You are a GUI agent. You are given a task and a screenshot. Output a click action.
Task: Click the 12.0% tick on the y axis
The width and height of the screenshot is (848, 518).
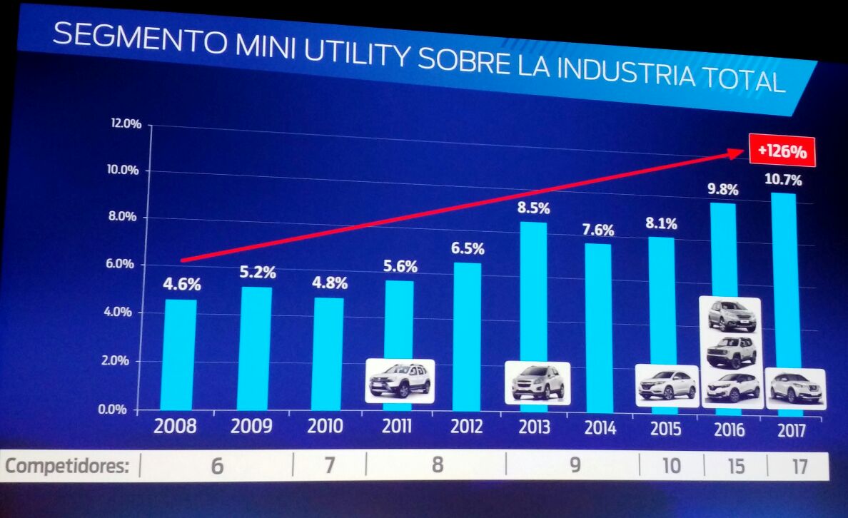tap(126, 124)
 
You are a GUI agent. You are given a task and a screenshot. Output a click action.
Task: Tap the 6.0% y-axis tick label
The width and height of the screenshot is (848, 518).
tap(126, 264)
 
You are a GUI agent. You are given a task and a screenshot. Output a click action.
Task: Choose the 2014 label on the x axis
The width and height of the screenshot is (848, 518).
tap(599, 428)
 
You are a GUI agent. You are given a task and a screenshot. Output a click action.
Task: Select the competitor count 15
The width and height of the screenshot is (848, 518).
tap(735, 467)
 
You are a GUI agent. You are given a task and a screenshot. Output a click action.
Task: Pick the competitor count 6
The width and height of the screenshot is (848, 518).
tap(217, 466)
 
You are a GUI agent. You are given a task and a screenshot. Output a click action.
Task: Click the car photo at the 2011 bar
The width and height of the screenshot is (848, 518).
tap(400, 381)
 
